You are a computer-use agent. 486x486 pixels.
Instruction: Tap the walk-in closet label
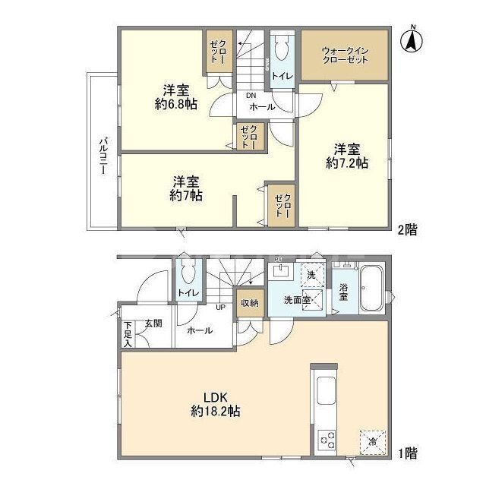coord(345,55)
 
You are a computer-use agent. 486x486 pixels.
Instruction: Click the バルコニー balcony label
coord(101,156)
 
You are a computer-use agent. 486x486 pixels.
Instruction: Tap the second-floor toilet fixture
coord(281,51)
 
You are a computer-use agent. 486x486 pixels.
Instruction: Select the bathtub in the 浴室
coord(371,289)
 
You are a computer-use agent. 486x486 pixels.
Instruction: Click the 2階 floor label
coord(406,228)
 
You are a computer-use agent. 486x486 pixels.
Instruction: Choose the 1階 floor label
coord(406,453)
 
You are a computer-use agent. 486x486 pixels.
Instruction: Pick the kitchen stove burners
coord(328,438)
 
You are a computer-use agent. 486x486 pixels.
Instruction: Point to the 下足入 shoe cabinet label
coord(127,334)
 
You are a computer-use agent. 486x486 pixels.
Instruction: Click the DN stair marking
coord(250,96)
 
